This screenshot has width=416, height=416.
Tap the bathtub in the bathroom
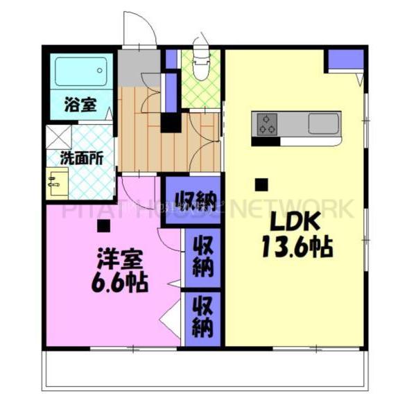coord(81,72)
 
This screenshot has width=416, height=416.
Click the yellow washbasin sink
coord(55,183)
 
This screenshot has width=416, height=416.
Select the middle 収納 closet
coord(202,256)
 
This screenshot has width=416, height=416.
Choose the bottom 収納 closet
coord(202,316)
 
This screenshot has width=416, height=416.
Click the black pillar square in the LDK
coord(261,184)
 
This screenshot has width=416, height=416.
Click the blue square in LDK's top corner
coord(341,60)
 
